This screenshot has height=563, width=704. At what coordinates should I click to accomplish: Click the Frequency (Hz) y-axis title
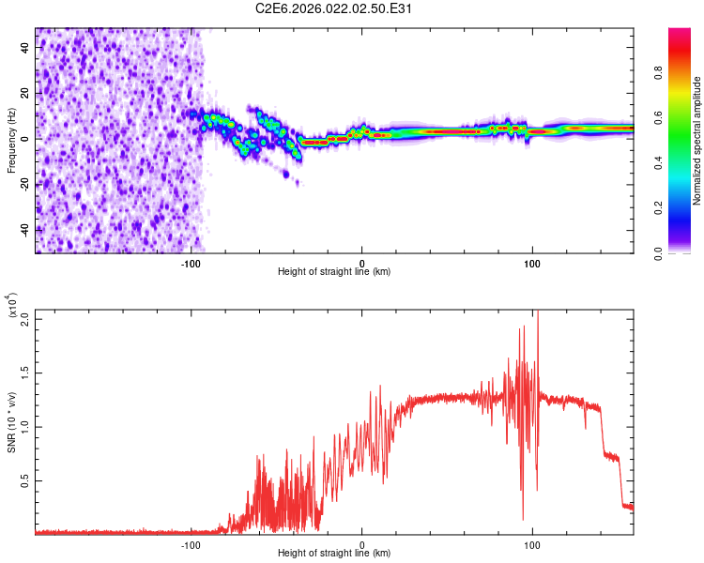pos(12,140)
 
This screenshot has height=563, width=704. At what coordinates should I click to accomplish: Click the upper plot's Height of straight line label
pos(334,271)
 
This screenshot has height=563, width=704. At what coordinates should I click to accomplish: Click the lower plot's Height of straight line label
pos(334,553)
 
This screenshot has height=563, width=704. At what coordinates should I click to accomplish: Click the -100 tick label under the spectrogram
pos(191,262)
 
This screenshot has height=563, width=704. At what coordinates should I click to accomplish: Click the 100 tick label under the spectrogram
pos(532,262)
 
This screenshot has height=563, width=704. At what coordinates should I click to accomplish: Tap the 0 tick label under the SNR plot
pos(361,543)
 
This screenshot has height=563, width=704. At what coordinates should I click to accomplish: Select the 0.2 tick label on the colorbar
pos(684,208)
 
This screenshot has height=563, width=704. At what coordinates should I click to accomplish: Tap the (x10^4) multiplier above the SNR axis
pos(12,306)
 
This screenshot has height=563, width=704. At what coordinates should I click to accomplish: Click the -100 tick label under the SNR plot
pos(191,543)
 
